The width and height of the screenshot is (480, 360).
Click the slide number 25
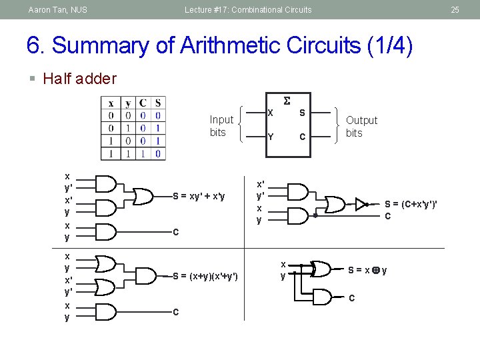[455, 9]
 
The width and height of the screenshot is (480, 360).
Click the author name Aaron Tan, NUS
[57, 9]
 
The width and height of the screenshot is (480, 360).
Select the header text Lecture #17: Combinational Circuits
[248, 9]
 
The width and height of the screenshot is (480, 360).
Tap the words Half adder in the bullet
[79, 79]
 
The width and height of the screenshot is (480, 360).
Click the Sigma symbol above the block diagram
[287, 101]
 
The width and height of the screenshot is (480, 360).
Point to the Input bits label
[221, 125]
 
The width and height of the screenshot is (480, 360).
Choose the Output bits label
[361, 126]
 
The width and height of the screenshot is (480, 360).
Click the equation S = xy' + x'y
[199, 196]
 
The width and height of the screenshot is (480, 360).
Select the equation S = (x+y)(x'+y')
[205, 276]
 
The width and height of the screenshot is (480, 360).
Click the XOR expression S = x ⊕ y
[367, 270]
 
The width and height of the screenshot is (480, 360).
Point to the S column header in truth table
[157, 103]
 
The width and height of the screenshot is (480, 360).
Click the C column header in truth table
[143, 103]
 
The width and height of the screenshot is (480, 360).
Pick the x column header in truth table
[111, 103]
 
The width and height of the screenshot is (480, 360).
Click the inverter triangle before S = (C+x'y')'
[361, 203]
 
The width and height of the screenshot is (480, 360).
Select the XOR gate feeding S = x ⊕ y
[321, 269]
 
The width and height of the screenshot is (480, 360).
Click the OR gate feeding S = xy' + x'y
[142, 196]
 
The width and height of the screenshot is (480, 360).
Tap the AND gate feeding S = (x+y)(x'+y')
[143, 276]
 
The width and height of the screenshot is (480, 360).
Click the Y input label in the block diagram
[270, 137]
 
